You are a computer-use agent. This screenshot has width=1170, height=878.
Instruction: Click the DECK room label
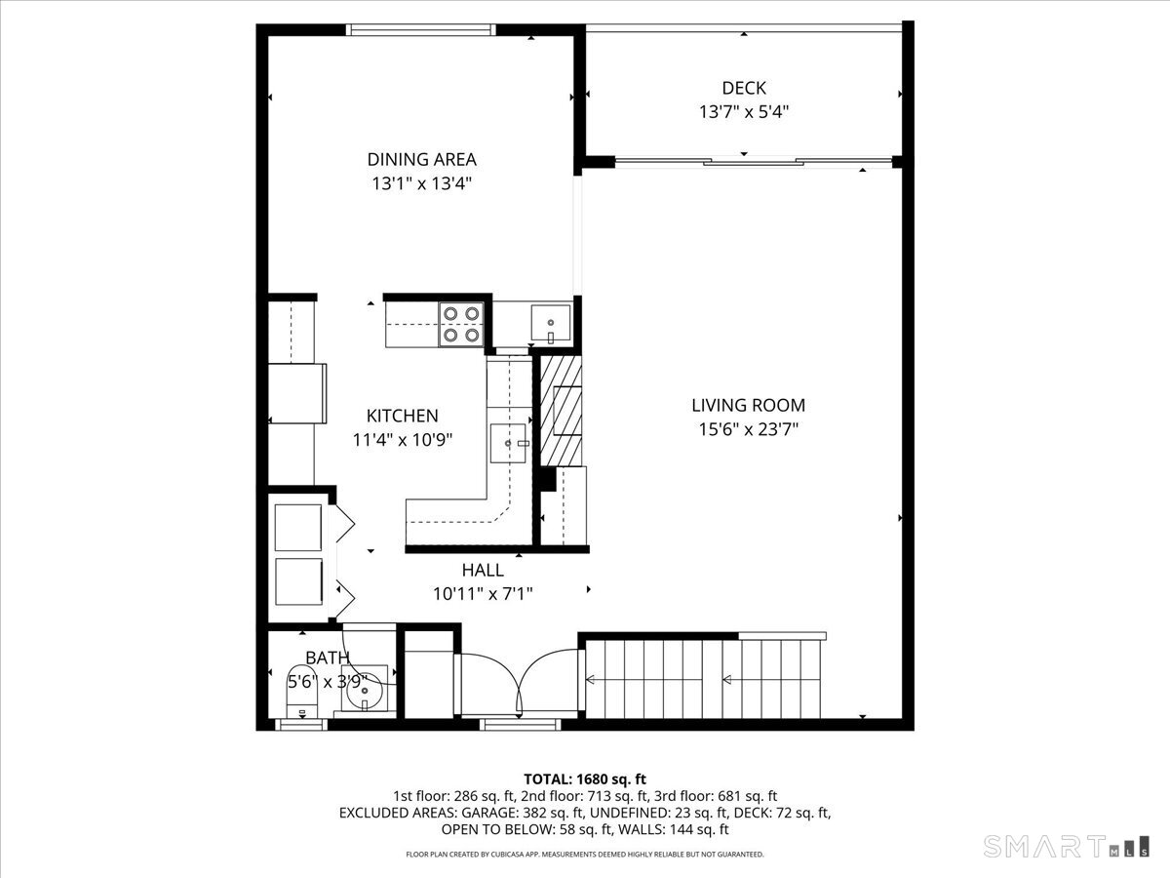(x=744, y=88)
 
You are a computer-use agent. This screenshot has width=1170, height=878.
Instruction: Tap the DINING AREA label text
(x=421, y=159)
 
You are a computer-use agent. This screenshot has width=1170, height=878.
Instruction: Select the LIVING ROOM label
(x=749, y=405)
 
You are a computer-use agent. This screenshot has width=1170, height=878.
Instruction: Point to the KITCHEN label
(x=403, y=416)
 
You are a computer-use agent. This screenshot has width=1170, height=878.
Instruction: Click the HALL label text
(x=483, y=571)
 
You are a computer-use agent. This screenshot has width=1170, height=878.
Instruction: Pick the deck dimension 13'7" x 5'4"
(x=744, y=112)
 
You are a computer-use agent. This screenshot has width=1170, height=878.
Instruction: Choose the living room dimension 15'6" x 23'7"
(x=749, y=429)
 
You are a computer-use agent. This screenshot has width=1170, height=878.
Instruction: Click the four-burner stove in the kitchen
(x=461, y=325)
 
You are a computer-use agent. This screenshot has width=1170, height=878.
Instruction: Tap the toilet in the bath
(x=302, y=691)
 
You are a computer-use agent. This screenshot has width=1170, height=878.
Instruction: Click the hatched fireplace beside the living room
(x=561, y=411)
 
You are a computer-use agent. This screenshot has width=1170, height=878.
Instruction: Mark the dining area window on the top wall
(x=421, y=30)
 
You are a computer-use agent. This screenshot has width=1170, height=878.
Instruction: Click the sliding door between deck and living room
(x=754, y=161)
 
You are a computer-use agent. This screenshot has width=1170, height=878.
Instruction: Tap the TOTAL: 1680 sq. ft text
(x=585, y=779)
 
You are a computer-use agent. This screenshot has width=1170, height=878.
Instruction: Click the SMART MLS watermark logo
(x=1066, y=847)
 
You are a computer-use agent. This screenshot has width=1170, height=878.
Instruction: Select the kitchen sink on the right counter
(x=508, y=443)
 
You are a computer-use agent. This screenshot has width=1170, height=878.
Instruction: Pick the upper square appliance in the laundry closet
(x=298, y=527)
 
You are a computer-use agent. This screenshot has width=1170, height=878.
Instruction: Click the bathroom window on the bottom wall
(x=301, y=725)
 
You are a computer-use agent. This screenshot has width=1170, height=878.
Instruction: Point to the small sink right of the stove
(x=551, y=323)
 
